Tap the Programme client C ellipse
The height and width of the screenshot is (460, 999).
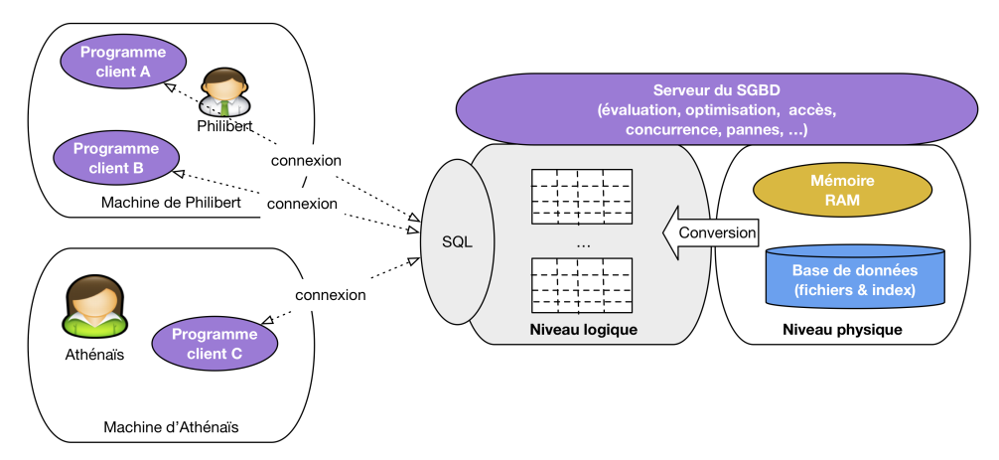point(214,343)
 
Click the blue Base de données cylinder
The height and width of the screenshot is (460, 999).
point(853,277)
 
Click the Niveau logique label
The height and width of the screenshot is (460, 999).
point(582,329)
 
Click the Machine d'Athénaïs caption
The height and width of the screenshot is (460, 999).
point(171,427)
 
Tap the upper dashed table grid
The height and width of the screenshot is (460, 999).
point(582,193)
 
